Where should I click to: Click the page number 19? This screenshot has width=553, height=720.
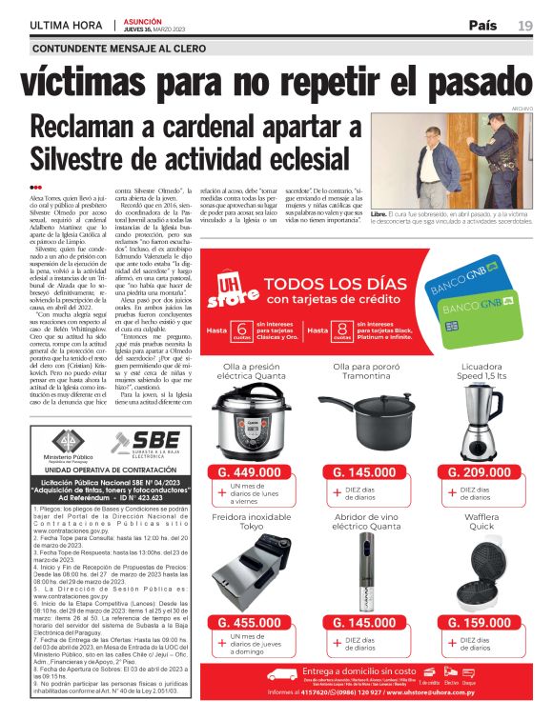[x=525, y=25]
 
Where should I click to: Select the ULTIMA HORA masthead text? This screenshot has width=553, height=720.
[x=67, y=25]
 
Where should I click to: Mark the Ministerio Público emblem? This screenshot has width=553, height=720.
[x=67, y=440]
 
